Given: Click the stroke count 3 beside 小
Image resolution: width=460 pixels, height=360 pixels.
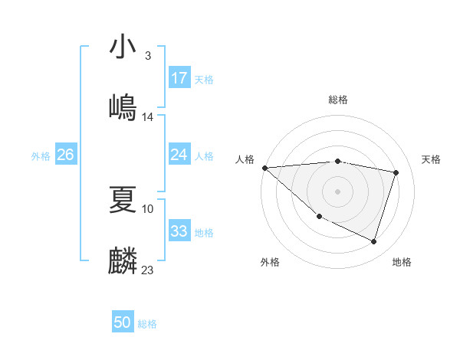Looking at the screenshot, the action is [147, 56].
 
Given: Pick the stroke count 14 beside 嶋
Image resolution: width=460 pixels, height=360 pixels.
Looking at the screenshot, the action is [148, 117].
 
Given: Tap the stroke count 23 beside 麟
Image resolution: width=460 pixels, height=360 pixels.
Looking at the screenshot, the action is [148, 270].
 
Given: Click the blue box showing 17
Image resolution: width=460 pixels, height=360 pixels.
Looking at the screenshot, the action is [179, 78].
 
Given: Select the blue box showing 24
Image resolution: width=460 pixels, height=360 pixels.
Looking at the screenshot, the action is [179, 155].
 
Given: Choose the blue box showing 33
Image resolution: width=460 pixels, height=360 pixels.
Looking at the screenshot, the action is [179, 231].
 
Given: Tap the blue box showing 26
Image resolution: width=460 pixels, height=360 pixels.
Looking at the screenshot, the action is [65, 155].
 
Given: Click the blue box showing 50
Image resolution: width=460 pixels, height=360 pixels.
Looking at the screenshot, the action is [123, 323].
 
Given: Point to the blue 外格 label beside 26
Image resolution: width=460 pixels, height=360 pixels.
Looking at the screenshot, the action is [41, 156].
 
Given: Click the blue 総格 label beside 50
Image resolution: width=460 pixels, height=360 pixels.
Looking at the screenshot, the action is [147, 325].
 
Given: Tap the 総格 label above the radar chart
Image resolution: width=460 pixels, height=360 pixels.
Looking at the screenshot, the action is [338, 100].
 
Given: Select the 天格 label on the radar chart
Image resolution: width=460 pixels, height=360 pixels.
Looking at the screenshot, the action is [432, 159].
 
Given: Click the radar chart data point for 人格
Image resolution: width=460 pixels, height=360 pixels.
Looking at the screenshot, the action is [264, 168].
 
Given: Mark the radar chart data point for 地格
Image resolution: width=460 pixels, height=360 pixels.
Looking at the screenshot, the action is [373, 242].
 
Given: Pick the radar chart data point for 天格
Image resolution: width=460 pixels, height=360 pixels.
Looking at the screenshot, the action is [396, 172].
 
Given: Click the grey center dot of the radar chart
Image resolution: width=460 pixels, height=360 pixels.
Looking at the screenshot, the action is [338, 191].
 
